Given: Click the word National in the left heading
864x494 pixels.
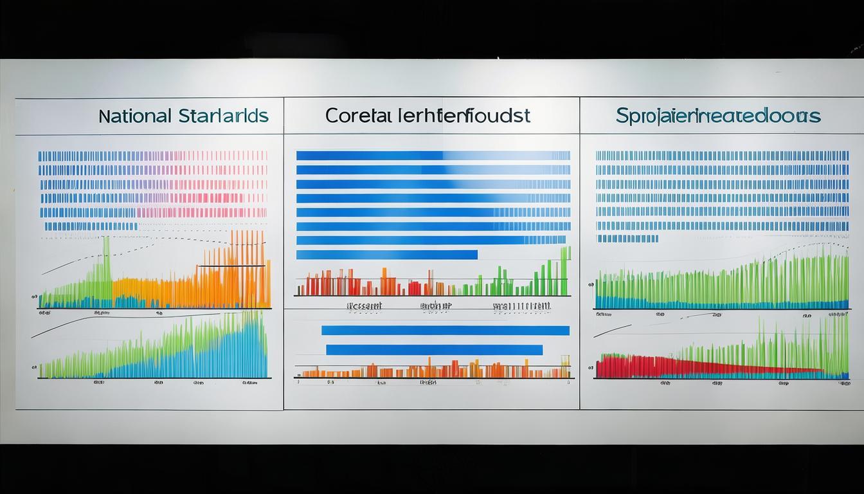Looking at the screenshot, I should tap(135, 116).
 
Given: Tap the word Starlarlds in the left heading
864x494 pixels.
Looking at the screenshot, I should tap(222, 116).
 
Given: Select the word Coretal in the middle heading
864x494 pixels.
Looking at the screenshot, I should tap(357, 116).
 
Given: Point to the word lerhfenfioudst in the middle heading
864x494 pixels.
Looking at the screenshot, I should tap(462, 116).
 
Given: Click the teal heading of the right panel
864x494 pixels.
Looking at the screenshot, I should tap(717, 116).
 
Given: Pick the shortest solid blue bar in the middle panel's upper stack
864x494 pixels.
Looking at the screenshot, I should tap(386, 255).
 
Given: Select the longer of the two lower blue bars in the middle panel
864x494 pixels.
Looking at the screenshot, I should tap(445, 331).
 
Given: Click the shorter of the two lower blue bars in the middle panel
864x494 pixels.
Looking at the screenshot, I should tap(434, 350).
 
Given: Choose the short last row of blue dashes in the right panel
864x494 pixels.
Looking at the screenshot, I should tap(627, 239).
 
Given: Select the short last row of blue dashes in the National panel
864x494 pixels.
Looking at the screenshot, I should tap(91, 226).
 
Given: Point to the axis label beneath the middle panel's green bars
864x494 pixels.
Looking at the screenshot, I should tap(521, 306).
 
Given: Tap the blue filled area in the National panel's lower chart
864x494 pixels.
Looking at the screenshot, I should tap(212, 357).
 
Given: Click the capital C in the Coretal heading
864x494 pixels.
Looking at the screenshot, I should tap(332, 116).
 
